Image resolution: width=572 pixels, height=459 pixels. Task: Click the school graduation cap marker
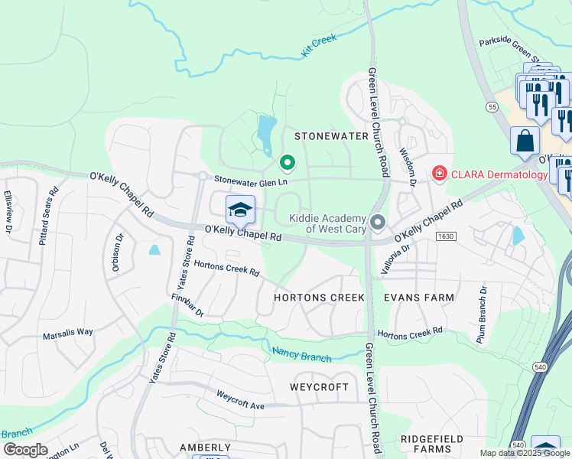tap(240, 210)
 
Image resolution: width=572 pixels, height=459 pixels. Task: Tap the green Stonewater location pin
tap(287, 161)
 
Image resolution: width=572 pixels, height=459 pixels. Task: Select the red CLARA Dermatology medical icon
tap(439, 174)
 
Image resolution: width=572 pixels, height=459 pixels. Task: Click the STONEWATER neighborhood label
tap(332, 136)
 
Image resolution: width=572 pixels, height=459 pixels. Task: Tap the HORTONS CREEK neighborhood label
tap(320, 297)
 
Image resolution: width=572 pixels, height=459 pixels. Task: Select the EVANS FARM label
tap(418, 297)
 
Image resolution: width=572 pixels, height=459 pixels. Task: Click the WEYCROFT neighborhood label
tap(320, 387)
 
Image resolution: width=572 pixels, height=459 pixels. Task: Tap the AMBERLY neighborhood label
tap(205, 447)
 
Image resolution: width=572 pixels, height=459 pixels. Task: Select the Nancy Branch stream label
tap(302, 354)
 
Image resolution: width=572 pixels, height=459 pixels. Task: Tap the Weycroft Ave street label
tap(240, 399)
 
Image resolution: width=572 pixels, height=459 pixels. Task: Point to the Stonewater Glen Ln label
tap(250, 181)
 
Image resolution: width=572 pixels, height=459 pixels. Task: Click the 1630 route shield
tap(446, 236)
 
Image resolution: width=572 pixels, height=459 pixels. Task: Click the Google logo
tap(25, 450)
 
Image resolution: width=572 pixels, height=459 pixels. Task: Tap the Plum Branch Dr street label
tap(483, 314)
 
